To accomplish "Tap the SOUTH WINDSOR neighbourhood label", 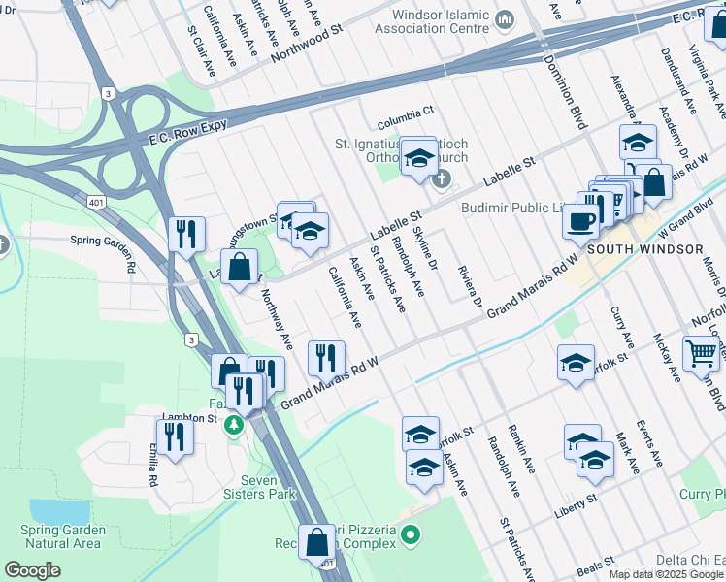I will tap(644, 249).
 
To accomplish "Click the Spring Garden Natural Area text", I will tap(60, 536).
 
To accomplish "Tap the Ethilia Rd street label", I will tap(153, 466).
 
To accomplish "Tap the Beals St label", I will tap(596, 563).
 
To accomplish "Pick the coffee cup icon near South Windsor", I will tap(581, 221).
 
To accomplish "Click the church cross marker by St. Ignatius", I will tap(443, 178).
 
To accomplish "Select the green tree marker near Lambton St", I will tap(233, 425).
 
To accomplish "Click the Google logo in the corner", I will tap(33, 570).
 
